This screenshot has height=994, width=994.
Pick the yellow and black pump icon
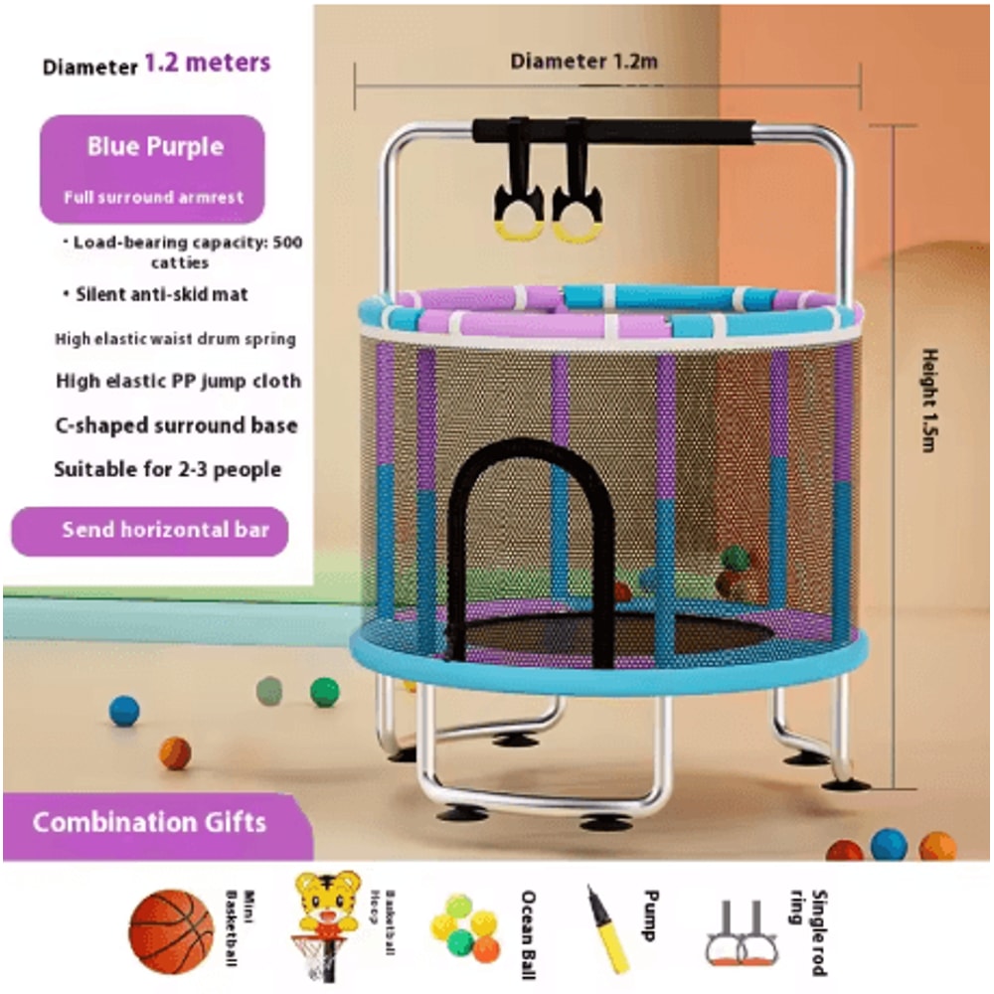point(607,928)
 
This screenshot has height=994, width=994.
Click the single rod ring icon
point(742,934)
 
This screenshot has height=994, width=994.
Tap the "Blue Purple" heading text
point(155,147)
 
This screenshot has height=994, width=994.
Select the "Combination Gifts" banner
point(150,823)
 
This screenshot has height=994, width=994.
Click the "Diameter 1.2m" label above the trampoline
point(584,62)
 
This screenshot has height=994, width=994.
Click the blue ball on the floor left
point(124,711)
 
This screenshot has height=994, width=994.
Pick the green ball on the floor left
point(324,692)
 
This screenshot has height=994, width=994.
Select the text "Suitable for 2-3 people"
point(167,469)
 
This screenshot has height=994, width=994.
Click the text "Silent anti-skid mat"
point(162,294)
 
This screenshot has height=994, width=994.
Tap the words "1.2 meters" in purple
point(207,64)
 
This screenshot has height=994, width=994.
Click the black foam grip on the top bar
point(612,131)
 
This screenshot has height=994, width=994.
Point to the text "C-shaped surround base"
point(176,424)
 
